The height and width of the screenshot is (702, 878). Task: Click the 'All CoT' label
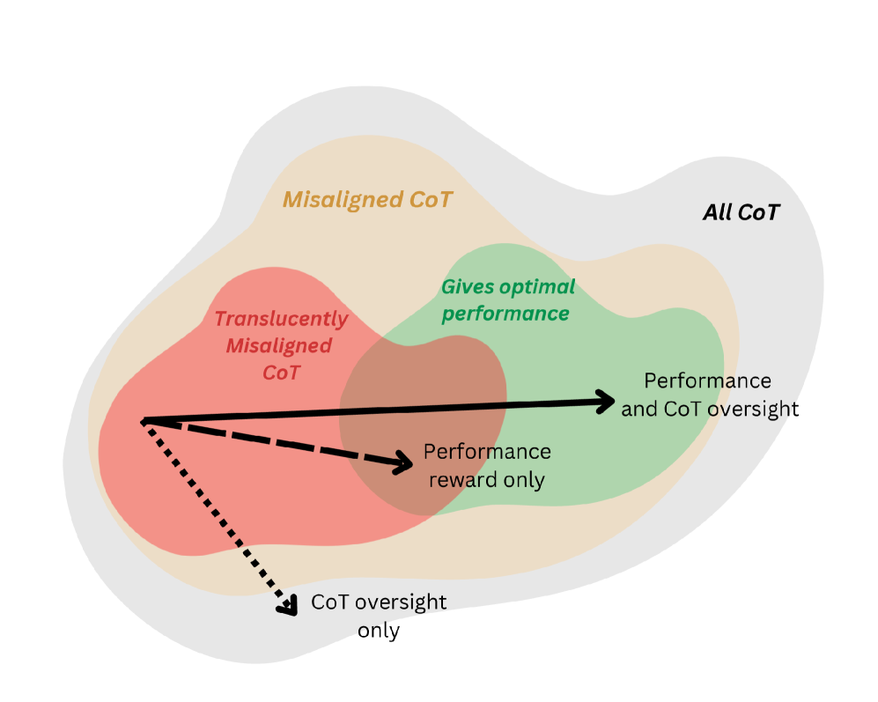[741, 212]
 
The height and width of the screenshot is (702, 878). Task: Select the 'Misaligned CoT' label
[367, 200]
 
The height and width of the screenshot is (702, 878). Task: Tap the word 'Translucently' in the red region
[282, 319]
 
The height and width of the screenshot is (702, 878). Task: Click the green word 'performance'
[505, 314]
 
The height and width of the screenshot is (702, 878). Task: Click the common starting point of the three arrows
[143, 420]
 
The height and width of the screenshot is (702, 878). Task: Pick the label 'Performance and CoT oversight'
[709, 395]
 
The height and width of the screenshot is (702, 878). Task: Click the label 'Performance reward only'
[487, 466]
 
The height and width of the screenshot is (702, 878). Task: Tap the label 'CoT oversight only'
[379, 617]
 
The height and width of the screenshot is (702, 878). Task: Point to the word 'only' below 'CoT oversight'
[379, 632]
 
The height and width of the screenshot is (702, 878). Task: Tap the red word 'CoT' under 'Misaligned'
[282, 372]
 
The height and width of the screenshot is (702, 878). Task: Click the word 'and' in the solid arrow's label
[638, 409]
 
